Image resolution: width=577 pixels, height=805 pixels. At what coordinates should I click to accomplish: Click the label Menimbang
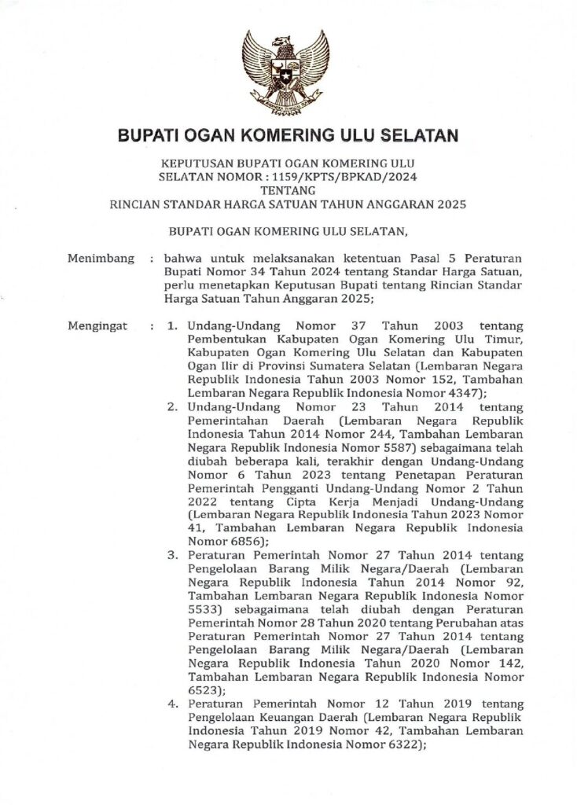tap(97, 258)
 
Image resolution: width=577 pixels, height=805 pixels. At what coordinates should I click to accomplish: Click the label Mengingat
tap(97, 325)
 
